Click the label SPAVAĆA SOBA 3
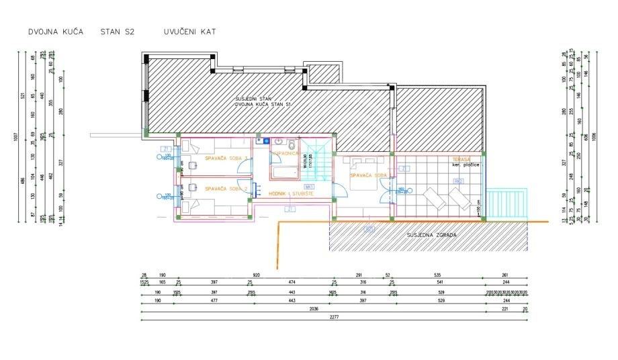[226, 158]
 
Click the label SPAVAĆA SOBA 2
[226, 189]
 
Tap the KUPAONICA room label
[285, 153]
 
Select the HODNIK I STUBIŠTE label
[292, 193]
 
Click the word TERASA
[461, 159]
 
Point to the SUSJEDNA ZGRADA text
[432, 235]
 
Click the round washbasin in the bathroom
[267, 142]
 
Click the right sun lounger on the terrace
[460, 197]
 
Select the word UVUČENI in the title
[179, 32]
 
